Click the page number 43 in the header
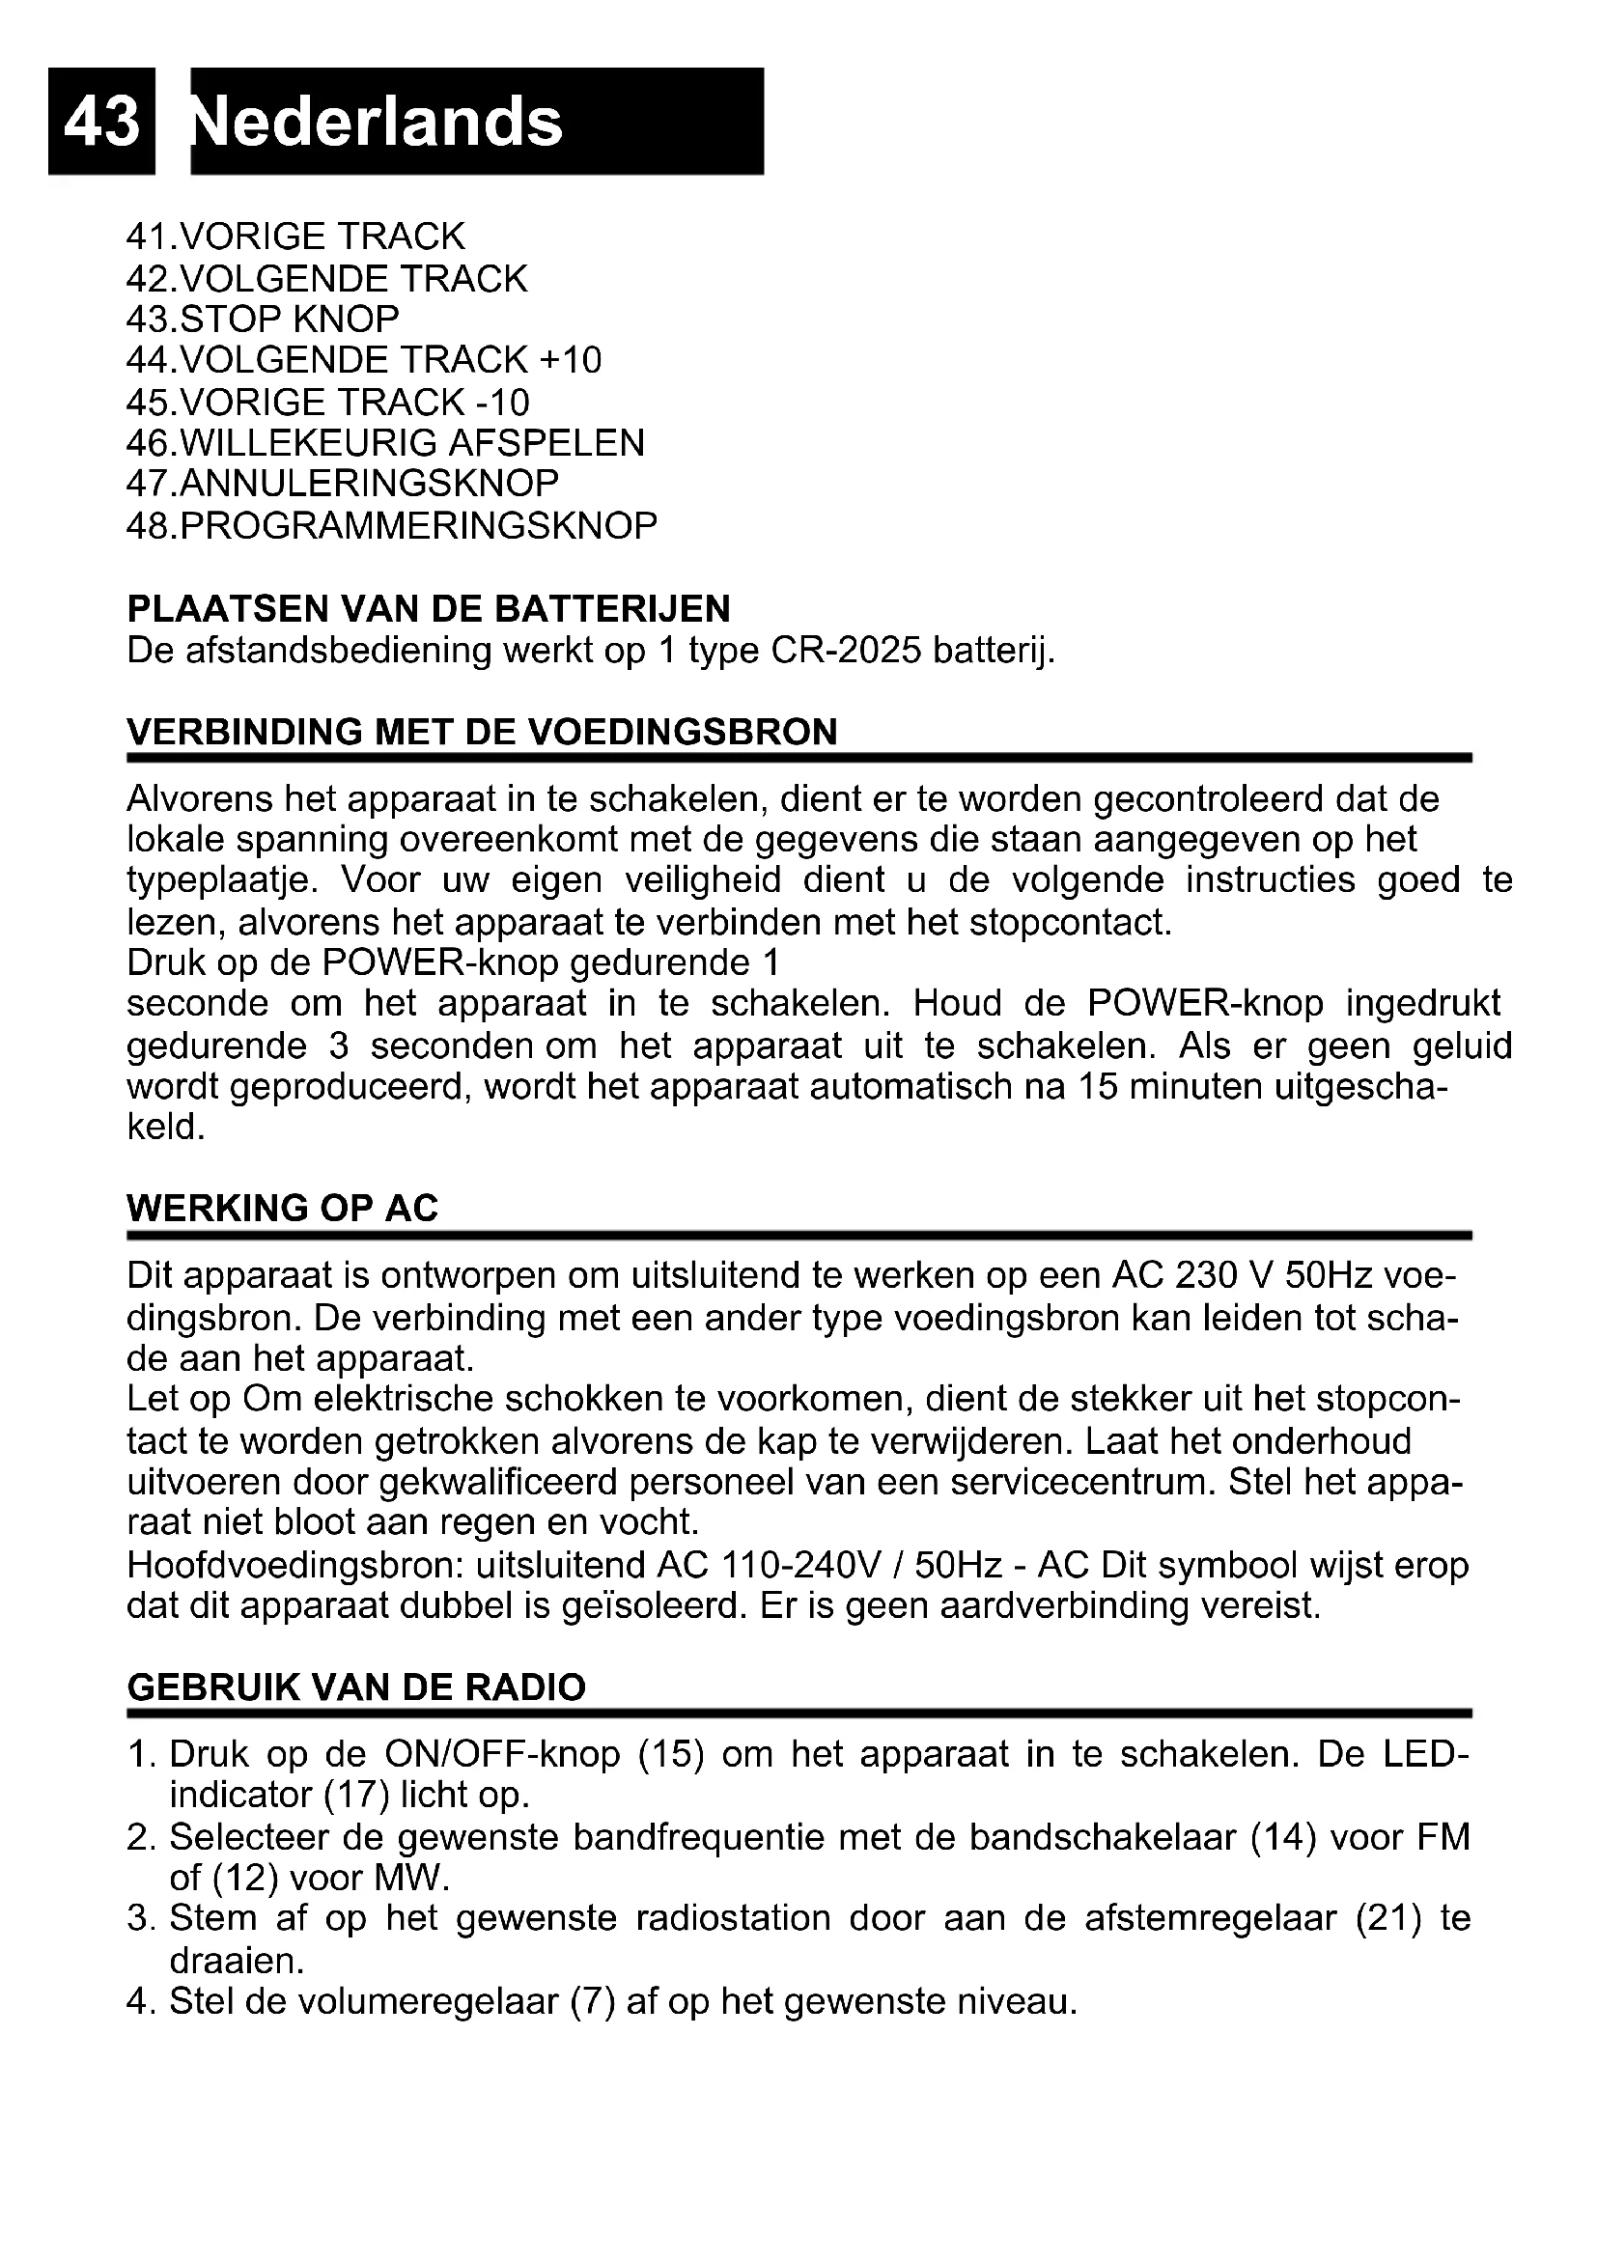[101, 121]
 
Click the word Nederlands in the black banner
[378, 121]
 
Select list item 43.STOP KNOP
[263, 320]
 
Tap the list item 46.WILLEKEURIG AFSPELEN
[384, 442]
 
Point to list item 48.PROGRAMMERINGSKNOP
[391, 525]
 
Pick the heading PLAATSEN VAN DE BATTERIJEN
[429, 609]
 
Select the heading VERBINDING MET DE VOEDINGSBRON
[482, 732]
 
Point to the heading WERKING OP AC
[282, 1209]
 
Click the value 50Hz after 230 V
[1329, 1276]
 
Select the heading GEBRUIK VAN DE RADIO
[356, 1687]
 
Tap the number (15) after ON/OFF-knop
[672, 1754]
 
